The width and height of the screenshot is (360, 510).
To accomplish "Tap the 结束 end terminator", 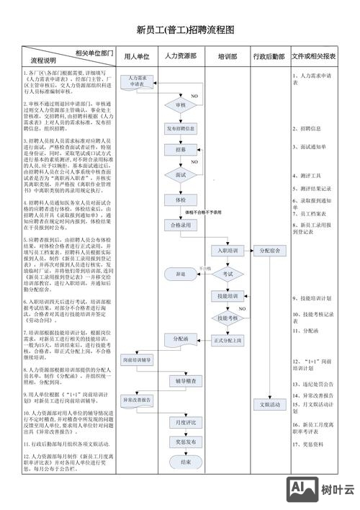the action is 186,462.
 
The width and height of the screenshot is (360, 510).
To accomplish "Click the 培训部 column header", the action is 228,56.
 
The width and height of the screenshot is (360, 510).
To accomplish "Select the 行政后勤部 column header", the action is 270,56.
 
